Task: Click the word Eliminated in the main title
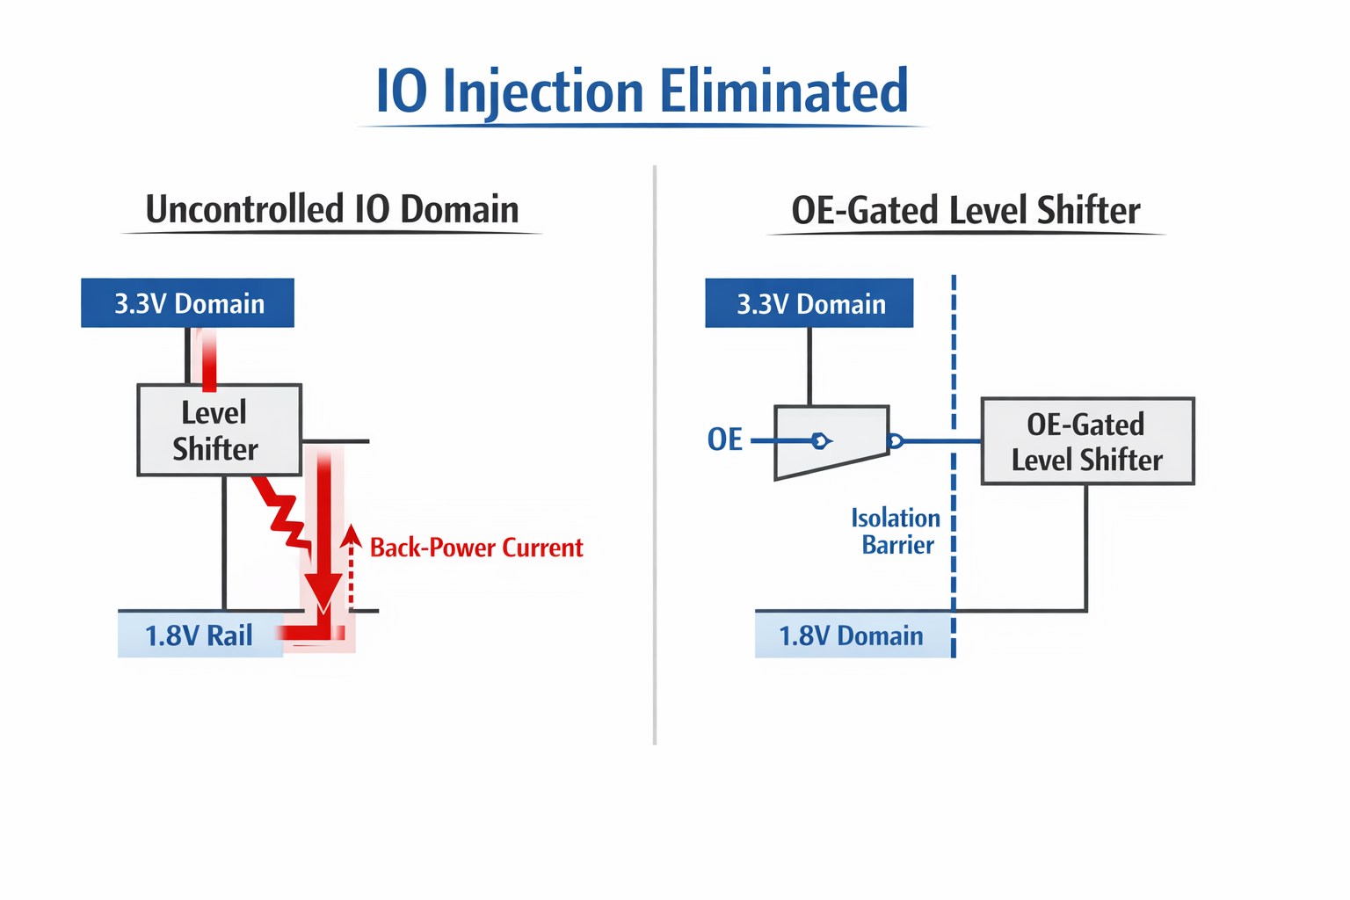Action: point(784,91)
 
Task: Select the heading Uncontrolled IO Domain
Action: point(332,209)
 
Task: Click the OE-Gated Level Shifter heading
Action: point(966,210)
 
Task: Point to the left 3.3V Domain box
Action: point(187,302)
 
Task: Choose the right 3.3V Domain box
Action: point(809,302)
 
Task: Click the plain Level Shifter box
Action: point(220,430)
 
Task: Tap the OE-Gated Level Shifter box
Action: point(1087,440)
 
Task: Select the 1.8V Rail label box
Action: point(200,635)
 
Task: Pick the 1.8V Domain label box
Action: point(853,635)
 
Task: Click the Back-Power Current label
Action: point(476,548)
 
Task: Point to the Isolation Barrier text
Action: point(896,531)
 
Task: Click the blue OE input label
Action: point(724,439)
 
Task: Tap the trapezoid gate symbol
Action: point(831,442)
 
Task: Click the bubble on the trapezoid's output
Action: point(896,441)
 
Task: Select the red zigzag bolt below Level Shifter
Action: point(282,513)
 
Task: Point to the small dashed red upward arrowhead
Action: point(351,536)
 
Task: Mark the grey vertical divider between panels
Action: point(655,455)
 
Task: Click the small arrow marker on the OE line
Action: point(820,441)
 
